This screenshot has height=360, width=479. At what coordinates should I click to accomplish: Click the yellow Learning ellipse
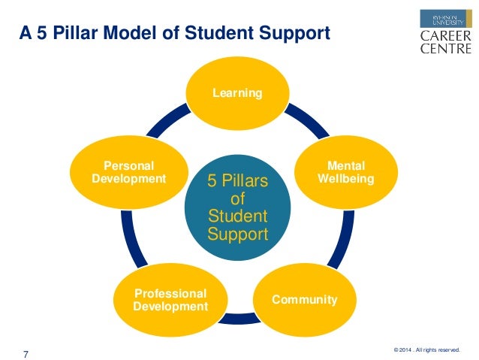(x=237, y=93)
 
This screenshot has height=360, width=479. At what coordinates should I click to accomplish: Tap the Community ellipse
(x=304, y=300)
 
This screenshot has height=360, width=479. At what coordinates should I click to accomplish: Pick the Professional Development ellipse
(x=170, y=300)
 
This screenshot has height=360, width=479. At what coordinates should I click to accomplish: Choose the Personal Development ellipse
(x=128, y=173)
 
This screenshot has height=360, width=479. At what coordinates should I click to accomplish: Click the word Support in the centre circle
(x=237, y=234)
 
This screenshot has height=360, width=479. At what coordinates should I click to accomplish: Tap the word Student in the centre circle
(x=237, y=217)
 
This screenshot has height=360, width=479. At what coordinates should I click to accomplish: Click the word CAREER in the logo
(x=446, y=35)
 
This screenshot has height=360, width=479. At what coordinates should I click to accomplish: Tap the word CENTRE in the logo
(x=446, y=49)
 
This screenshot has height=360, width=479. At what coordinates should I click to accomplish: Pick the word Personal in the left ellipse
(x=128, y=167)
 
